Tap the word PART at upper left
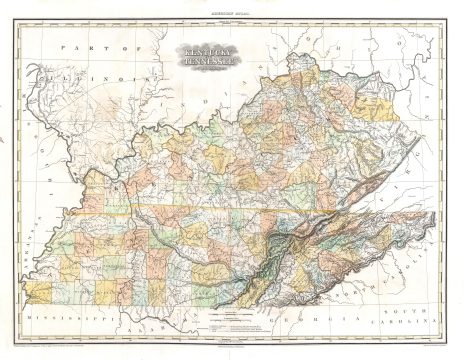click(x=71, y=48)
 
